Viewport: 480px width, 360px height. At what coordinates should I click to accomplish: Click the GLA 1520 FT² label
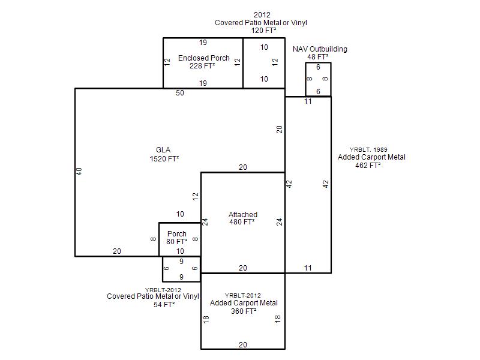click(x=164, y=154)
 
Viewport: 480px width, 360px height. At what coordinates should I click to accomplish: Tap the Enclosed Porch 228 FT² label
click(x=203, y=62)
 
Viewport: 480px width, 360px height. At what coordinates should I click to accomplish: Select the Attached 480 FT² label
click(x=243, y=218)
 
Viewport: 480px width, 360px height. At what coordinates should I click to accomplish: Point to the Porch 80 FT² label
click(x=176, y=238)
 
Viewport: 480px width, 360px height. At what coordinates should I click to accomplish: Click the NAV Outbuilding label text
click(x=320, y=49)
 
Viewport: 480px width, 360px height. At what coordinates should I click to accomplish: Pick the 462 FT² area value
click(x=368, y=166)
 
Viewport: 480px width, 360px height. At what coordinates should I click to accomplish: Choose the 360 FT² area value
click(x=244, y=311)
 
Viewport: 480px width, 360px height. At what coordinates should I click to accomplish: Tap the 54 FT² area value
click(x=164, y=305)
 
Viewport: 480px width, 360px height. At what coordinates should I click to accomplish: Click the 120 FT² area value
click(x=263, y=31)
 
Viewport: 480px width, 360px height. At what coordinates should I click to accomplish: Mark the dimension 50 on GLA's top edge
click(x=180, y=93)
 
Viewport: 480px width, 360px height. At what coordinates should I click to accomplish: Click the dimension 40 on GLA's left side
click(x=79, y=172)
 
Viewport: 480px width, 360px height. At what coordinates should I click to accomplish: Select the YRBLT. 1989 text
click(x=368, y=149)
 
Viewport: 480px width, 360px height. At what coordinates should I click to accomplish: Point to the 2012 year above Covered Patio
click(x=262, y=14)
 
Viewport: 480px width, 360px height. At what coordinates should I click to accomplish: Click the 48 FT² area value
click(x=318, y=57)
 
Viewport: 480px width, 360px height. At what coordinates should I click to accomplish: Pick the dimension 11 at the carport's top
click(x=308, y=101)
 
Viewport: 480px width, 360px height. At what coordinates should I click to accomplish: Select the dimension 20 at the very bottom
click(x=243, y=344)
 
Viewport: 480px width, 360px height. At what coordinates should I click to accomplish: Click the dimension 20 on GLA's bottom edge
click(x=117, y=251)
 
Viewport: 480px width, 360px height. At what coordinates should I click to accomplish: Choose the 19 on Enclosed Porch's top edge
click(x=203, y=43)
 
